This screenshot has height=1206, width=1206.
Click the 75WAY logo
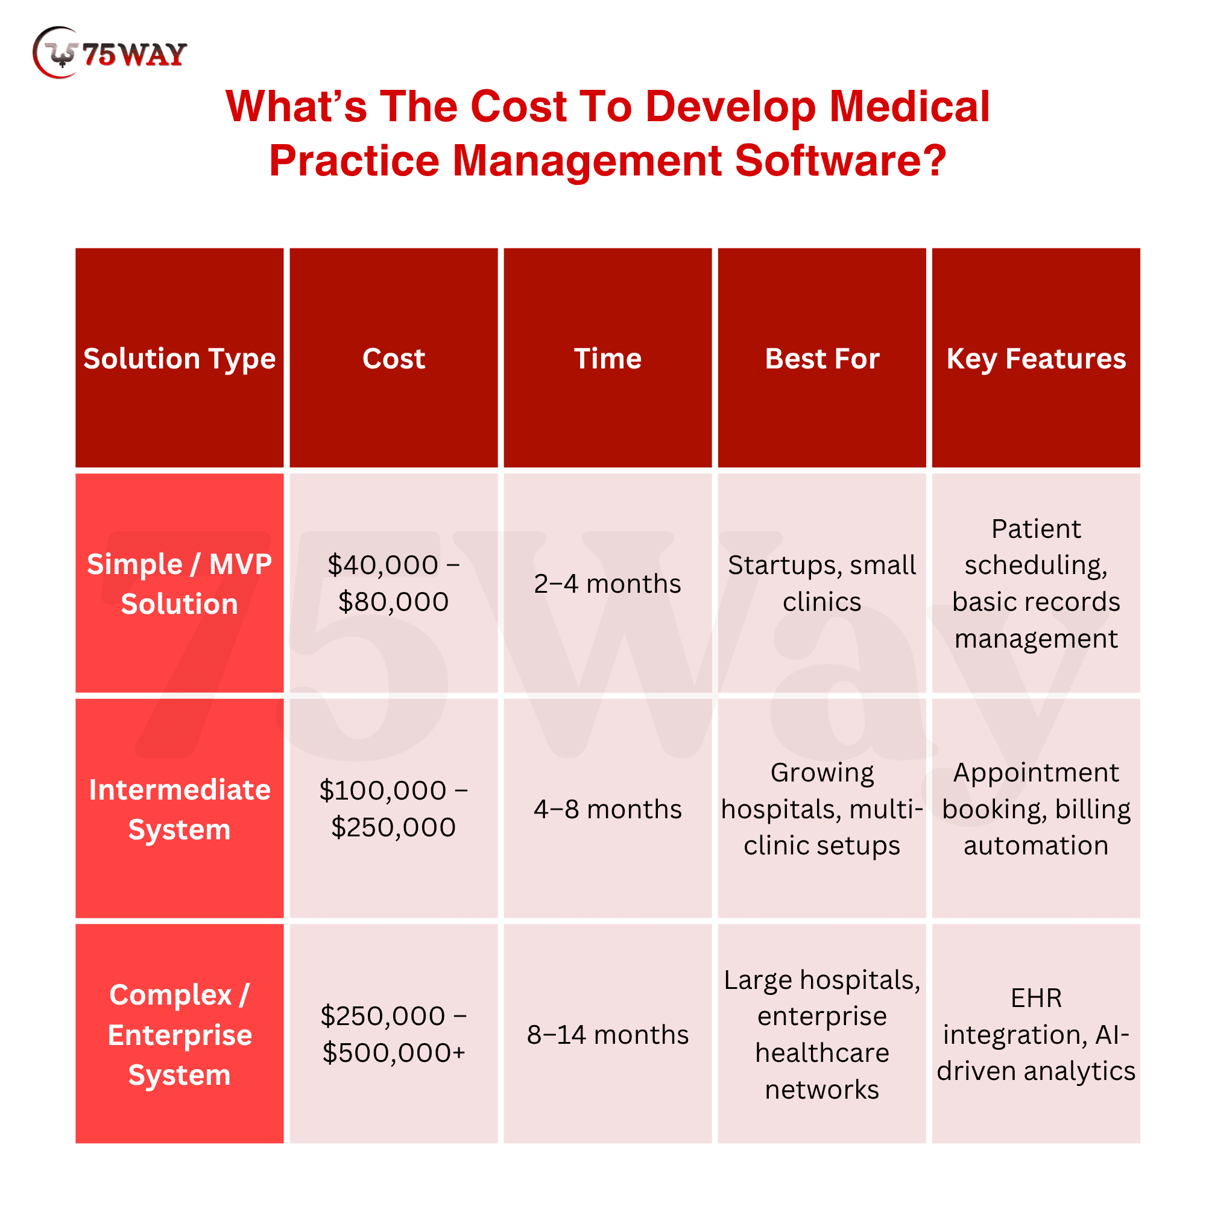click(109, 53)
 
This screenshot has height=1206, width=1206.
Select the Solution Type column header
click(179, 358)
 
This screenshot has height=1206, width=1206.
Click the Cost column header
click(393, 358)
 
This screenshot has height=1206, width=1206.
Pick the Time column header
click(607, 358)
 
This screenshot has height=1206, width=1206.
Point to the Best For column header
click(821, 358)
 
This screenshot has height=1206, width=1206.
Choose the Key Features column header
click(1035, 358)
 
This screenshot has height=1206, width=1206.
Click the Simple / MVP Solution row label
click(179, 584)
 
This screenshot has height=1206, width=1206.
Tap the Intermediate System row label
click(179, 809)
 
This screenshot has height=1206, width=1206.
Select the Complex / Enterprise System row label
click(179, 1034)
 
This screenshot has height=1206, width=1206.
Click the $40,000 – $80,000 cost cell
click(393, 583)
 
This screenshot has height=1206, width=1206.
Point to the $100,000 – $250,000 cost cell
click(393, 809)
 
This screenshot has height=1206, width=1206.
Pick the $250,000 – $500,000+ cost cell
click(393, 1034)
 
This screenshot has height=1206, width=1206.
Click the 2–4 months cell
click(607, 584)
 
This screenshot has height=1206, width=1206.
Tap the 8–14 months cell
click(607, 1034)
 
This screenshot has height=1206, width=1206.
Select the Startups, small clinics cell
click(821, 583)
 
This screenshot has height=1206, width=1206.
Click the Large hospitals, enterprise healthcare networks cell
click(821, 1034)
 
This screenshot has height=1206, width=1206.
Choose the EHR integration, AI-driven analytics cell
click(1035, 1034)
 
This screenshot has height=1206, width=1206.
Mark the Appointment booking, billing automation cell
click(1035, 809)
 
